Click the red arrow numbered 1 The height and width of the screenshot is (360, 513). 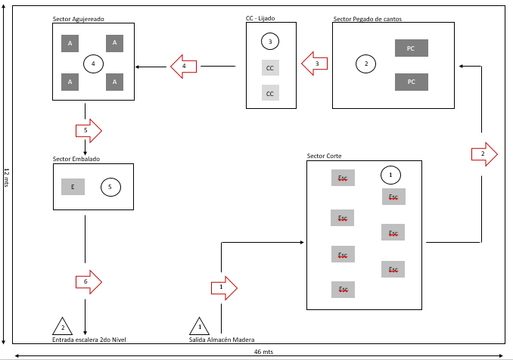224,288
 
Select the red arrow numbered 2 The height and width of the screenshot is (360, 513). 484,154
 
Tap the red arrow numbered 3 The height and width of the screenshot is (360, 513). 315,64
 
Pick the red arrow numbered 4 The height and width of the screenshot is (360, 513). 184,67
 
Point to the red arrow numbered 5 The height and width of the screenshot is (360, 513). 89,131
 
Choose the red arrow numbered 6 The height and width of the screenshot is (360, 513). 89,282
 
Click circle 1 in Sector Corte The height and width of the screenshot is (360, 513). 390,175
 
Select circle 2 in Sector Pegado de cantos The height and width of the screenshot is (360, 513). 365,64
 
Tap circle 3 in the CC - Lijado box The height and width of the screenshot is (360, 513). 270,42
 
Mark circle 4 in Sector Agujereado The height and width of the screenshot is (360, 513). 93,64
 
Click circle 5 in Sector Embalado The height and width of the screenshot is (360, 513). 110,187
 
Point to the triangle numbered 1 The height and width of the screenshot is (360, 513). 199,326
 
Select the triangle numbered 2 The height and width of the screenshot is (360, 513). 63,326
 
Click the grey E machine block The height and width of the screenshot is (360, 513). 73,187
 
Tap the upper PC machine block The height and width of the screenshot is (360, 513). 412,48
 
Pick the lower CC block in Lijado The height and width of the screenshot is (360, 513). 270,93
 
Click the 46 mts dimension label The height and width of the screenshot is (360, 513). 264,352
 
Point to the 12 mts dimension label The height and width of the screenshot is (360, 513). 6,178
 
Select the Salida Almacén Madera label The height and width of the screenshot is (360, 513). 222,340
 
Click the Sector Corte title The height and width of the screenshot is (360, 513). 325,156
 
